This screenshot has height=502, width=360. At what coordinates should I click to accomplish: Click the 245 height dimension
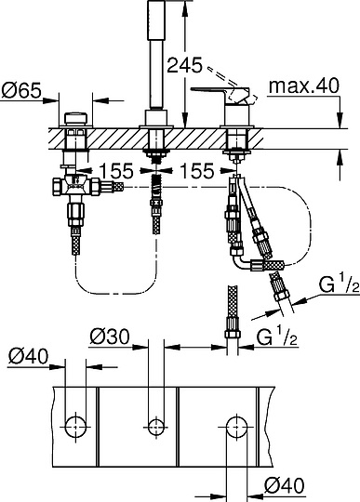[182, 65]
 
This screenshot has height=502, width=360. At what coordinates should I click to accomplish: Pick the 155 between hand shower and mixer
[196, 171]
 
